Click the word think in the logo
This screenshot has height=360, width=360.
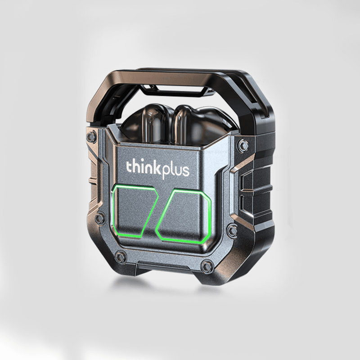click(x=141, y=169)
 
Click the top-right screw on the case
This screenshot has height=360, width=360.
click(x=243, y=145)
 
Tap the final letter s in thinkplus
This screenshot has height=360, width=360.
click(x=185, y=171)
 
